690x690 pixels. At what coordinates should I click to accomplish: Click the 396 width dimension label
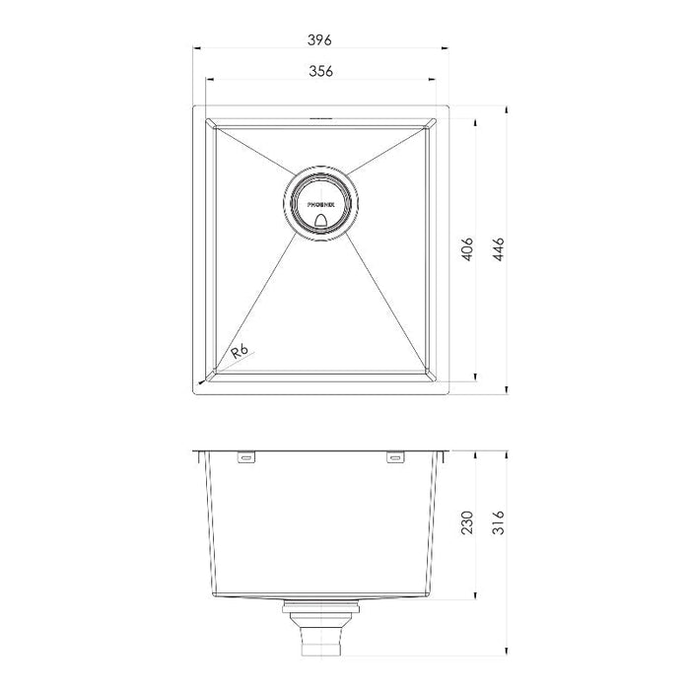[x=319, y=40]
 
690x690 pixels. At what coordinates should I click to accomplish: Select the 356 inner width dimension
[x=320, y=71]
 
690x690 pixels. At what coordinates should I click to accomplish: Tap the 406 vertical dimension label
[x=467, y=249]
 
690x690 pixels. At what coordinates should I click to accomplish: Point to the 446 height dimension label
[x=499, y=249]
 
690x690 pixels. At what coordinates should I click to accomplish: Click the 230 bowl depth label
[x=467, y=522]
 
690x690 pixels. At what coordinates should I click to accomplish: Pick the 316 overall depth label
[x=499, y=522]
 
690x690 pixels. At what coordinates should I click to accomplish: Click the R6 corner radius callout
[x=240, y=352]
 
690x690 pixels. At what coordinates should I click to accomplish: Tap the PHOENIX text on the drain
[x=320, y=205]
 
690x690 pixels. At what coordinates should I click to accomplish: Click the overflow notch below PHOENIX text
[x=320, y=221]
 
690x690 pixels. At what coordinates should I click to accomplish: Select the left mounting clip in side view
[x=246, y=457]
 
